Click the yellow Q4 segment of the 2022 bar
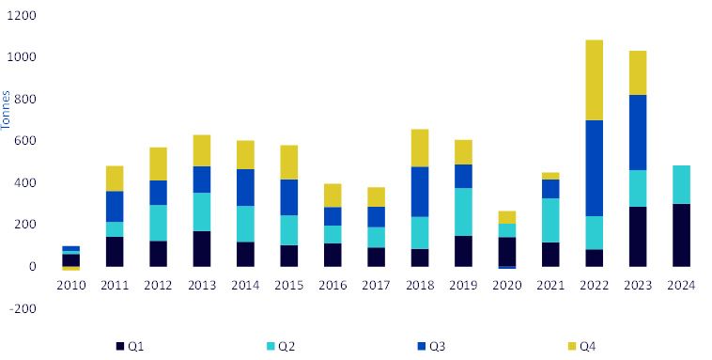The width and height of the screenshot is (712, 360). [594, 80]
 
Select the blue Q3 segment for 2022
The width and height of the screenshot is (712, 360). [594, 168]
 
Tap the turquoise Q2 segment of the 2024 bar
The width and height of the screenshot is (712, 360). [681, 184]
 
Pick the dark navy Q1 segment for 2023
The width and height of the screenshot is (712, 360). [638, 237]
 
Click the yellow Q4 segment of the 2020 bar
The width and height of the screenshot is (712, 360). [506, 217]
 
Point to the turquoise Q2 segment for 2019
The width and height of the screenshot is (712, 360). [463, 211]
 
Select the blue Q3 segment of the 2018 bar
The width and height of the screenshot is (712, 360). [420, 192]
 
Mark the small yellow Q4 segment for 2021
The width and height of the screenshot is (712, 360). [550, 176]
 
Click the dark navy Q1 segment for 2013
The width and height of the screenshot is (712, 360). [202, 249]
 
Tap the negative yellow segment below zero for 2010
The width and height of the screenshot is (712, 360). [70, 269]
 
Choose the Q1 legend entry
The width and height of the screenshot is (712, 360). [130, 346]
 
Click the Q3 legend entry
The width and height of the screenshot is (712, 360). [431, 346]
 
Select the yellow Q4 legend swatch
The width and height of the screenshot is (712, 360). [572, 346]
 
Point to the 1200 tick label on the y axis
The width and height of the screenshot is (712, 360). [22, 15]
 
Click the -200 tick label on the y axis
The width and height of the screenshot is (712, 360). [22, 308]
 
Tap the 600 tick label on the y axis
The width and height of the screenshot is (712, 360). [25, 141]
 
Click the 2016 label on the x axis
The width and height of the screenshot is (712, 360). [333, 286]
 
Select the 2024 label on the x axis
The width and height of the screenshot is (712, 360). [681, 286]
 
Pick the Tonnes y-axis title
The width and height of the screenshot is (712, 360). [6, 111]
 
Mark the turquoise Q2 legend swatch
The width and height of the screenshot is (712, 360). [271, 346]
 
